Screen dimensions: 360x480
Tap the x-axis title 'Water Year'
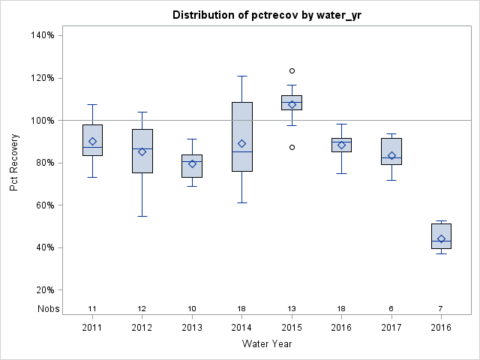(x=266, y=344)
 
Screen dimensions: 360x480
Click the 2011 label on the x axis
(x=92, y=327)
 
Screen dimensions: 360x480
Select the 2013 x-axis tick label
(x=192, y=327)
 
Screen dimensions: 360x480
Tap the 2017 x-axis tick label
(x=391, y=327)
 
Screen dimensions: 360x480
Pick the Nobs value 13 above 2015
(x=292, y=309)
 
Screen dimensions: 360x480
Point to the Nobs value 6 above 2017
(x=391, y=309)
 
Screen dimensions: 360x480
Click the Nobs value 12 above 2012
(x=142, y=309)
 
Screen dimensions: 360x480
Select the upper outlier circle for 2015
(x=292, y=71)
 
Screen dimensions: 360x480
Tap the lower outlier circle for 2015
(x=292, y=147)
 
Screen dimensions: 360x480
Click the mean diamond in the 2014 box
(x=241, y=143)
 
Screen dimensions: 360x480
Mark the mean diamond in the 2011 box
(x=92, y=141)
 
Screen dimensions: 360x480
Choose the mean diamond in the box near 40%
(x=441, y=239)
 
